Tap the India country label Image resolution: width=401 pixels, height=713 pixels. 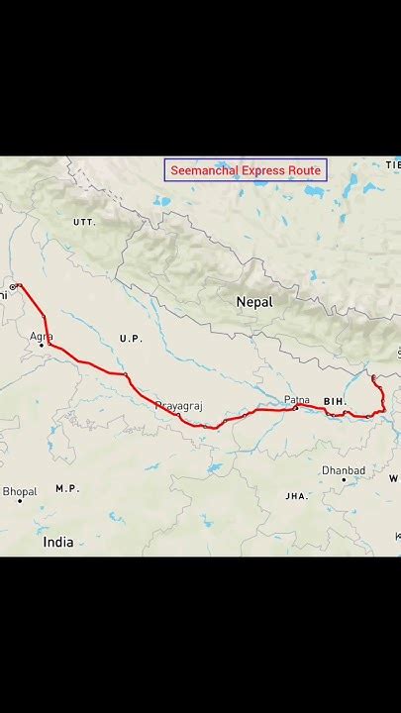click(x=58, y=543)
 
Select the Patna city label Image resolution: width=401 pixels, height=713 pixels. click(x=297, y=399)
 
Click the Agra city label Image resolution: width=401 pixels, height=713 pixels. click(x=41, y=337)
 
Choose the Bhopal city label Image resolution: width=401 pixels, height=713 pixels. click(x=20, y=490)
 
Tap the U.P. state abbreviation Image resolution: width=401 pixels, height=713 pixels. click(x=131, y=339)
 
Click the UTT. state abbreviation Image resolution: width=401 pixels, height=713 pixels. click(x=84, y=223)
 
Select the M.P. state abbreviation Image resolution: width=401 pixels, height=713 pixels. click(x=67, y=488)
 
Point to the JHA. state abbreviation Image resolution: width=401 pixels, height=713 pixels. click(x=296, y=495)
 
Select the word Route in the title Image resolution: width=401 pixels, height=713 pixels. click(x=305, y=171)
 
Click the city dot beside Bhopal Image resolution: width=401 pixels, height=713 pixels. click(x=20, y=502)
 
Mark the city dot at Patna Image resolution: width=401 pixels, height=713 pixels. click(x=295, y=407)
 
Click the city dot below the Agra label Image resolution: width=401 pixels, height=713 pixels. click(x=42, y=345)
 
